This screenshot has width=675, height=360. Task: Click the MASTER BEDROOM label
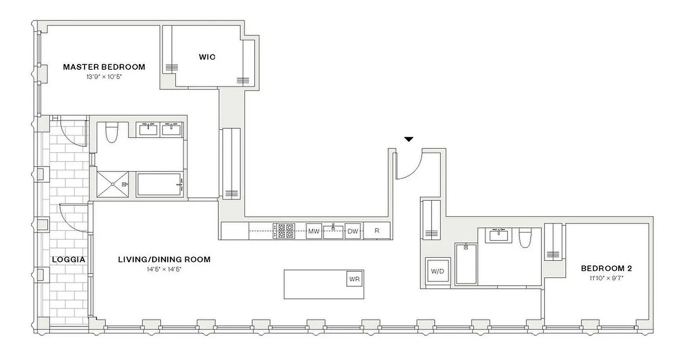104,67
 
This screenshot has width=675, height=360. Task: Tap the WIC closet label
207,57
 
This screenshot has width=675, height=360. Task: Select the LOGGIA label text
68,260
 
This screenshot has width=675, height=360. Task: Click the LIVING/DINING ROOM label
164,260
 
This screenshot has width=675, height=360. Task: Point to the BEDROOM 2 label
606,269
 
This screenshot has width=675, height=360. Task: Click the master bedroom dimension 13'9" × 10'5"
104,77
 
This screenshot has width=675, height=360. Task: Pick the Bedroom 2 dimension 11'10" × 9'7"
606,278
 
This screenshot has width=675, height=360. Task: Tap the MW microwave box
314,231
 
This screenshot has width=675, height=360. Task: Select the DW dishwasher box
353,231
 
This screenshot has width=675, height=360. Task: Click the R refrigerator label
377,231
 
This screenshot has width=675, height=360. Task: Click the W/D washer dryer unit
437,271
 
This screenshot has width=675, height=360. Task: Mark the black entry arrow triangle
408,139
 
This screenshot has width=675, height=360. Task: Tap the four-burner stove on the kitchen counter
284,231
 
